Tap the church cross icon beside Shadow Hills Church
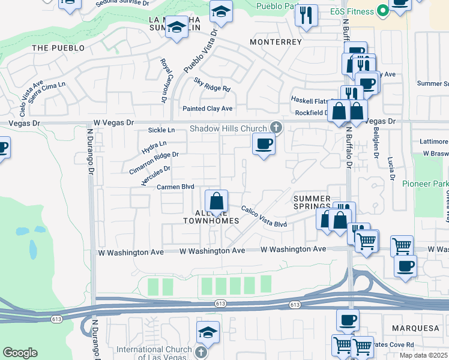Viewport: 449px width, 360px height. (x=276, y=127)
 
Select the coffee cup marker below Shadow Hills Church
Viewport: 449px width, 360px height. (x=263, y=144)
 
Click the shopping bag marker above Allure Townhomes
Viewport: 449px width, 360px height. (x=216, y=201)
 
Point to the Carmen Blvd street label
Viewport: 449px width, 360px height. (x=175, y=187)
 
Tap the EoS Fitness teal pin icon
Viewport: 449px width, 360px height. (x=380, y=11)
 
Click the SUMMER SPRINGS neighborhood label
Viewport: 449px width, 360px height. (x=312, y=203)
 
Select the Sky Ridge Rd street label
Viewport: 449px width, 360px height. (x=212, y=85)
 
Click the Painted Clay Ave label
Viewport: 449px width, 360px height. (x=206, y=109)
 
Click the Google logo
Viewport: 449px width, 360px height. (x=20, y=352)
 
